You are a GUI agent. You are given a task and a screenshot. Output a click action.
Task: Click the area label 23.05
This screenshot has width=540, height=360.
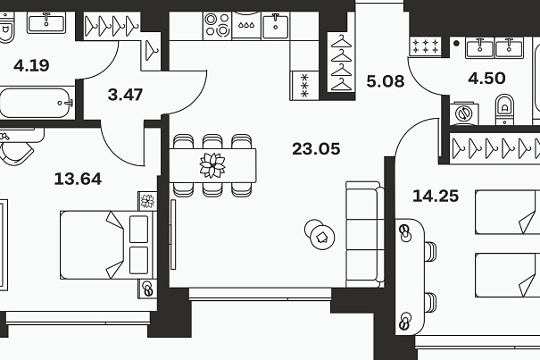(316, 149)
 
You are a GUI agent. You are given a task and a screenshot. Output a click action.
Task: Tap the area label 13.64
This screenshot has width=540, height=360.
(78, 179)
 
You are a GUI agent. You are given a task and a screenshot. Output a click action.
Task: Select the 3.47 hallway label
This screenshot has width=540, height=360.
(125, 95)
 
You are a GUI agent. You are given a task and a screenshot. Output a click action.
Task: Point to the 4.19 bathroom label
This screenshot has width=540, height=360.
(31, 65)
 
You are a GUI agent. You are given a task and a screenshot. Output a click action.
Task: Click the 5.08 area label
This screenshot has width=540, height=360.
(386, 81)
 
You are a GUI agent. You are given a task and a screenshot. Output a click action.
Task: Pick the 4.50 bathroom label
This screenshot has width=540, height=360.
(486, 79)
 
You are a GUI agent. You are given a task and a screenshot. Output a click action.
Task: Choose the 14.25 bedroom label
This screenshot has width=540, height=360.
(436, 196)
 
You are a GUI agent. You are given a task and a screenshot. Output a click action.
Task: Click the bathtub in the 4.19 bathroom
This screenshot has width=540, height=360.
(37, 103)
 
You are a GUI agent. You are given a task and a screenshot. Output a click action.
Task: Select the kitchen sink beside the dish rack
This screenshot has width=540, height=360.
(276, 25)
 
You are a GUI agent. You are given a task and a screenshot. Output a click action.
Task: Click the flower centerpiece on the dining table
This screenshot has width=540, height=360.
(212, 165)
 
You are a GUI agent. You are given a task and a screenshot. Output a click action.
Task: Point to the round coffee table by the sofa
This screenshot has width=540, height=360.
(320, 234)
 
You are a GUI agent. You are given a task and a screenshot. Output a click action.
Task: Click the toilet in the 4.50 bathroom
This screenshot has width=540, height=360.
(504, 110)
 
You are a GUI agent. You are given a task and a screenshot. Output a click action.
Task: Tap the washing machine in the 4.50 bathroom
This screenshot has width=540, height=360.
(463, 113)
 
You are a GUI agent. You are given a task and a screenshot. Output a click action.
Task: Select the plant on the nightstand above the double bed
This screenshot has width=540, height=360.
(147, 201)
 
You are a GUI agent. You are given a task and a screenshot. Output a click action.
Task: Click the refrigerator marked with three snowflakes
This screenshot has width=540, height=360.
(304, 86)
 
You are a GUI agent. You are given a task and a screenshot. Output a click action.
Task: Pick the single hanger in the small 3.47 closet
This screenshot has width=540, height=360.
(151, 51)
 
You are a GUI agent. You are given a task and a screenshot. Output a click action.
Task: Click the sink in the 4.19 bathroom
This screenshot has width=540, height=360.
(46, 22)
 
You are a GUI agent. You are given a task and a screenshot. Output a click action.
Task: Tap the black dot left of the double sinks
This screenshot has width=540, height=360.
(456, 44)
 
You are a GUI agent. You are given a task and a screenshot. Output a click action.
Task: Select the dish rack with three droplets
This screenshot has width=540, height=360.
(246, 25)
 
